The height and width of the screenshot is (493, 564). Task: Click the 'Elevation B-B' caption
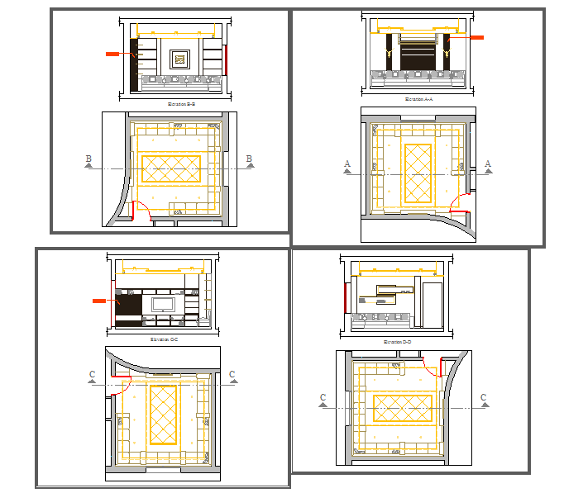coord(181,104)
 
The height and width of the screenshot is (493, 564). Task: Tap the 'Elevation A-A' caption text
coord(419,99)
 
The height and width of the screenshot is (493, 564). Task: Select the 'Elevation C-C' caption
coord(164,339)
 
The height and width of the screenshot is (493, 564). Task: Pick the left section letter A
coord(348,164)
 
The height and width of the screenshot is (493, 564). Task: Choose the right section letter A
coord(488,164)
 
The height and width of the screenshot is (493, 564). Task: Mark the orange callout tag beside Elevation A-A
coord(477,37)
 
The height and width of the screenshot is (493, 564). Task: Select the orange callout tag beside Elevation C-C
coord(100,301)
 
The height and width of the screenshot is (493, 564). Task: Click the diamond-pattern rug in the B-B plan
coord(171,168)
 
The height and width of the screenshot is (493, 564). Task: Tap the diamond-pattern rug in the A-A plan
coord(417,174)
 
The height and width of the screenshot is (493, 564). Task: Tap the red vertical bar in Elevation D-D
coord(345,297)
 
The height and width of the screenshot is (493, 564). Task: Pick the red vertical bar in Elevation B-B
coord(227,59)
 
